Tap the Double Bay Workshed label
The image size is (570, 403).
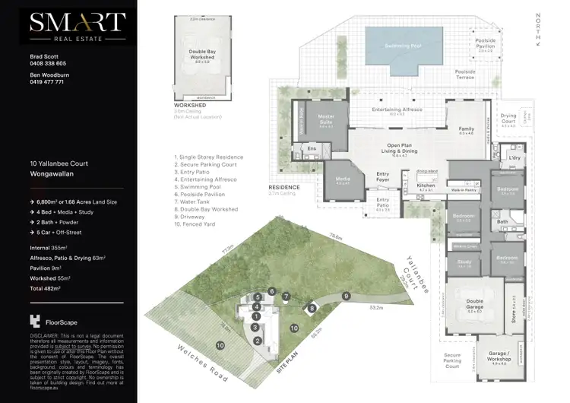pos(202,56)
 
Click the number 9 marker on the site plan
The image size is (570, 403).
pos(346,296)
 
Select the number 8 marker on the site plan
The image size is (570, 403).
pos(311,308)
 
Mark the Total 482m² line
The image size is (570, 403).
pos(48,289)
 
